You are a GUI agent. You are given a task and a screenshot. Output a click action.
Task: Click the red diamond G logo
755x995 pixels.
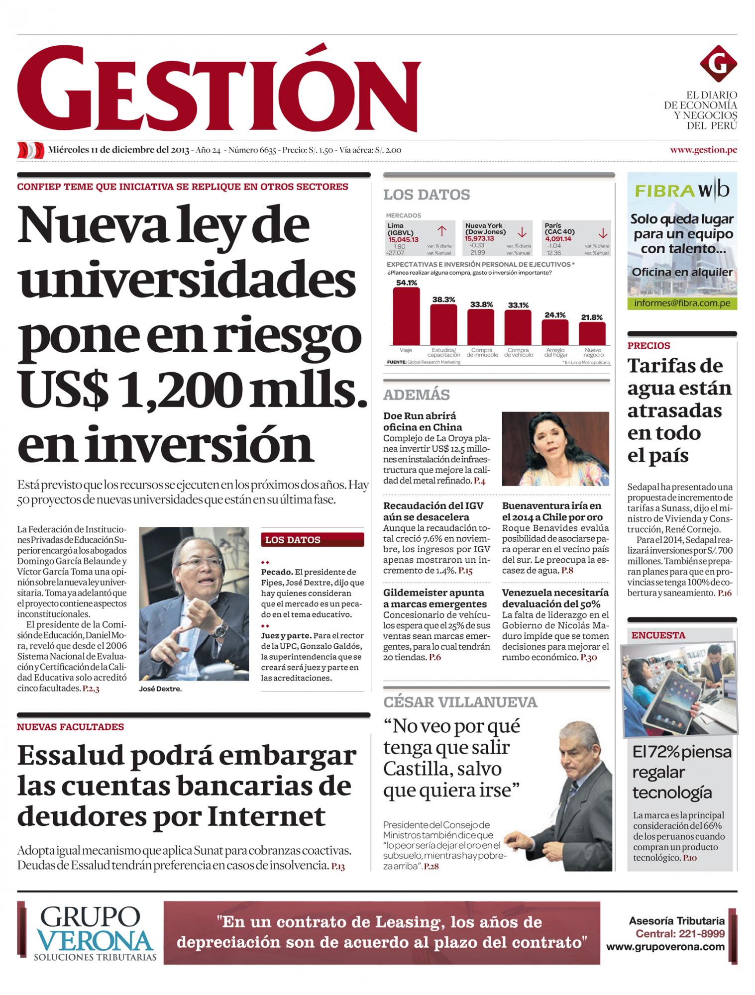click(x=718, y=63)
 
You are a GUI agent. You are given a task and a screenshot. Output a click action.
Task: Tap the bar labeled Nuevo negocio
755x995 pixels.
click(x=592, y=333)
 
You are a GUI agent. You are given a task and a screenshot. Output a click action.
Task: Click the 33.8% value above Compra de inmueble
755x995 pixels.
click(x=481, y=304)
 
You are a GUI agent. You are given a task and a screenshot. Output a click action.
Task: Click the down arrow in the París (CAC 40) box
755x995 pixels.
click(x=603, y=232)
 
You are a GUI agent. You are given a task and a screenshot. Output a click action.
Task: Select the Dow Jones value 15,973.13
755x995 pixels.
click(x=480, y=238)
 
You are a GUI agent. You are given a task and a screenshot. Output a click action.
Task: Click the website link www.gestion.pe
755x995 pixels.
click(x=703, y=150)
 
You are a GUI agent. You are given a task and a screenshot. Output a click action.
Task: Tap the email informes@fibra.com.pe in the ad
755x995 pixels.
click(x=681, y=303)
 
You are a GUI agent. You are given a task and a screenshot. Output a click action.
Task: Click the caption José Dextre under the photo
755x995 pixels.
click(x=161, y=689)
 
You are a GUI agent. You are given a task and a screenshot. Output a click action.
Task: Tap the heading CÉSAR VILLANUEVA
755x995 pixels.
click(x=460, y=702)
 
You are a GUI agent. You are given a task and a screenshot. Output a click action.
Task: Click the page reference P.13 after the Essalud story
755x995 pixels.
click(x=337, y=866)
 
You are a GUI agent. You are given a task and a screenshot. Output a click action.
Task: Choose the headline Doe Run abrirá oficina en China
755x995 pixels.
click(x=423, y=421)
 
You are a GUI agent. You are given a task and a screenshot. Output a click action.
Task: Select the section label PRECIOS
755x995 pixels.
click(x=648, y=345)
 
